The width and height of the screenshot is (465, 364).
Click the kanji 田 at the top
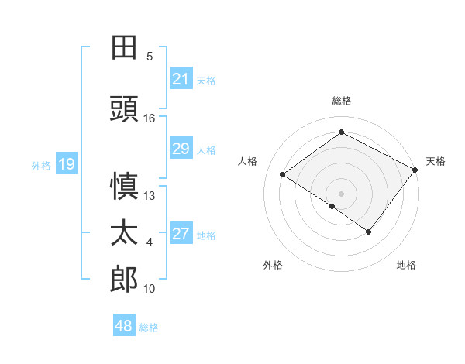coord(124,47)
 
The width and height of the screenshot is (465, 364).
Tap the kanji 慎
coord(124,187)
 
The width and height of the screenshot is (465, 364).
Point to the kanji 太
coord(124,233)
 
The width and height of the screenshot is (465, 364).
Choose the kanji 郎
coord(124,280)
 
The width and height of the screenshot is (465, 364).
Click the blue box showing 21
coord(181,78)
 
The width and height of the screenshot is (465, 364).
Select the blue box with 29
coord(181,149)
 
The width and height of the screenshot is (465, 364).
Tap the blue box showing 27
coord(181,234)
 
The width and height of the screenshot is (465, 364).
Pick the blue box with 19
coord(66,163)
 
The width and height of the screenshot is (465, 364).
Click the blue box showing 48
coord(124,325)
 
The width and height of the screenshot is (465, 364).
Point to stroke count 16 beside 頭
coord(150,118)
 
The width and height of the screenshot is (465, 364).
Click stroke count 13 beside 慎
coord(150,196)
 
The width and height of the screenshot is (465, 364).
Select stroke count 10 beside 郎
coord(150,289)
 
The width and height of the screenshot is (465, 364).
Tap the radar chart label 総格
coord(341,101)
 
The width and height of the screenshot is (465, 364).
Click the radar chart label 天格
coord(436,161)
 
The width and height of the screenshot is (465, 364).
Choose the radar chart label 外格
coord(272,265)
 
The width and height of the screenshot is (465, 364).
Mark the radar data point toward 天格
coord(415,170)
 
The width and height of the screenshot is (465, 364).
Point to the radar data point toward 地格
coord(369,232)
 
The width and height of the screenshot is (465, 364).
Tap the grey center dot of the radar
coord(341,193)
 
